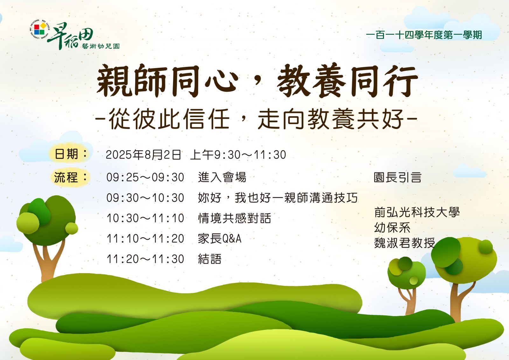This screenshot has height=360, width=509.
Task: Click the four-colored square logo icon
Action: point(39,29)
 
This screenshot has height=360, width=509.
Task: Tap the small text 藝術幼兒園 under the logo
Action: point(101,46)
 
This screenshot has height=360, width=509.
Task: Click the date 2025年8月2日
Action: point(143,155)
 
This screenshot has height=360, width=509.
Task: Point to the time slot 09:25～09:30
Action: point(145,177)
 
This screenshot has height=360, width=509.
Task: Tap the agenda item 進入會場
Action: point(222,177)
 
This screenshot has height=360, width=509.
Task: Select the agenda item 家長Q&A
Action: point(220,238)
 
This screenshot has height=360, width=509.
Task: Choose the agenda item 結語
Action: point(210,259)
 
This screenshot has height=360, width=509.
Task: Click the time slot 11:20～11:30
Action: point(145,259)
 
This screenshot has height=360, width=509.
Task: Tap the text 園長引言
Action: point(398,177)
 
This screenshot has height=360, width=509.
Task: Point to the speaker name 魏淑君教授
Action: point(404,243)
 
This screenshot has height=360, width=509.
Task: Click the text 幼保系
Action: point(392,228)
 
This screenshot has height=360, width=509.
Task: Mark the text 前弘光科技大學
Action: point(417,212)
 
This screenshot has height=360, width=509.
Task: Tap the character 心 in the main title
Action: point(221,81)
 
